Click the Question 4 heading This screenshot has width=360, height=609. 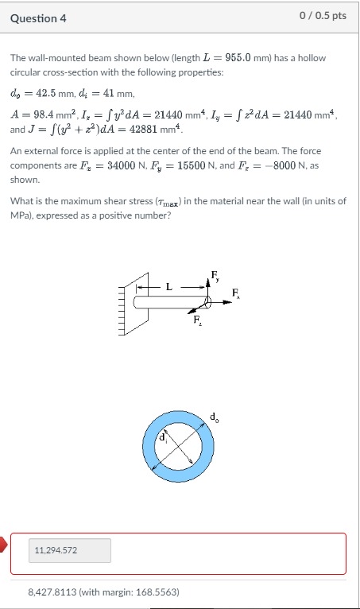38,18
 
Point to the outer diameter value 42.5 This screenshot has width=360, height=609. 47,93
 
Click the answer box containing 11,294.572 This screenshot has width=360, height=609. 69,550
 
